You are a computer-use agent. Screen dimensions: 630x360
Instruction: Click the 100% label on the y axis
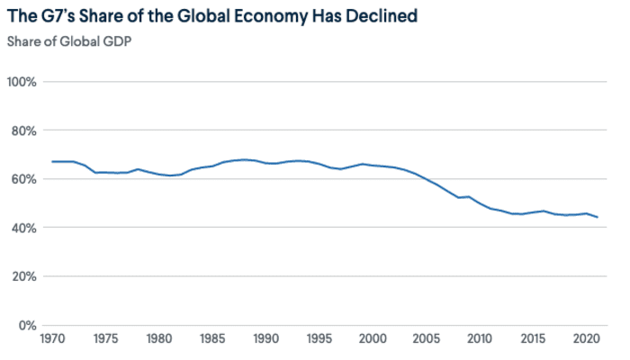tap(22, 82)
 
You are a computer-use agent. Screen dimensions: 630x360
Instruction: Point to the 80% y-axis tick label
tap(23, 131)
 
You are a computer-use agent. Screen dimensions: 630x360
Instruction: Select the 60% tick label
tap(23, 179)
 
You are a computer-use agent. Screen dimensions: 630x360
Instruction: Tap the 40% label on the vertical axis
tap(23, 229)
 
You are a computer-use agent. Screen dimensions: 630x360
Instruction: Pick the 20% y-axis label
tap(23, 277)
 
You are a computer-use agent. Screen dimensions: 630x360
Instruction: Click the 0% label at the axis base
tap(27, 326)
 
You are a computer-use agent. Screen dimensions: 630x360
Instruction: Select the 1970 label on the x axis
tap(52, 338)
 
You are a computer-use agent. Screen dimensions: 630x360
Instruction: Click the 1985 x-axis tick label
tap(212, 338)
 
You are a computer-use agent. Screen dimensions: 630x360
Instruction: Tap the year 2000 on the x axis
tap(373, 338)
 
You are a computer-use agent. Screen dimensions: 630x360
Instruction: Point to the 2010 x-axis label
tap(480, 338)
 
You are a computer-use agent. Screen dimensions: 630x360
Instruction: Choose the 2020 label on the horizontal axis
tap(586, 338)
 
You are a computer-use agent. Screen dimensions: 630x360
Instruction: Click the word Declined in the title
tap(382, 16)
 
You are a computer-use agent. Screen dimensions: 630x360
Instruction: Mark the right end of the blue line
tap(598, 218)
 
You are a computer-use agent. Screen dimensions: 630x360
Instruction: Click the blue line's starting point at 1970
tap(52, 162)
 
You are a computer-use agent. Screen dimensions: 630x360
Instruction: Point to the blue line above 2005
tap(427, 180)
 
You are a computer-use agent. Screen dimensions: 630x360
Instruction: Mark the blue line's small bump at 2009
tap(469, 197)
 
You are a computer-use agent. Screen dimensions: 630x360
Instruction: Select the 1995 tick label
tap(319, 338)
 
